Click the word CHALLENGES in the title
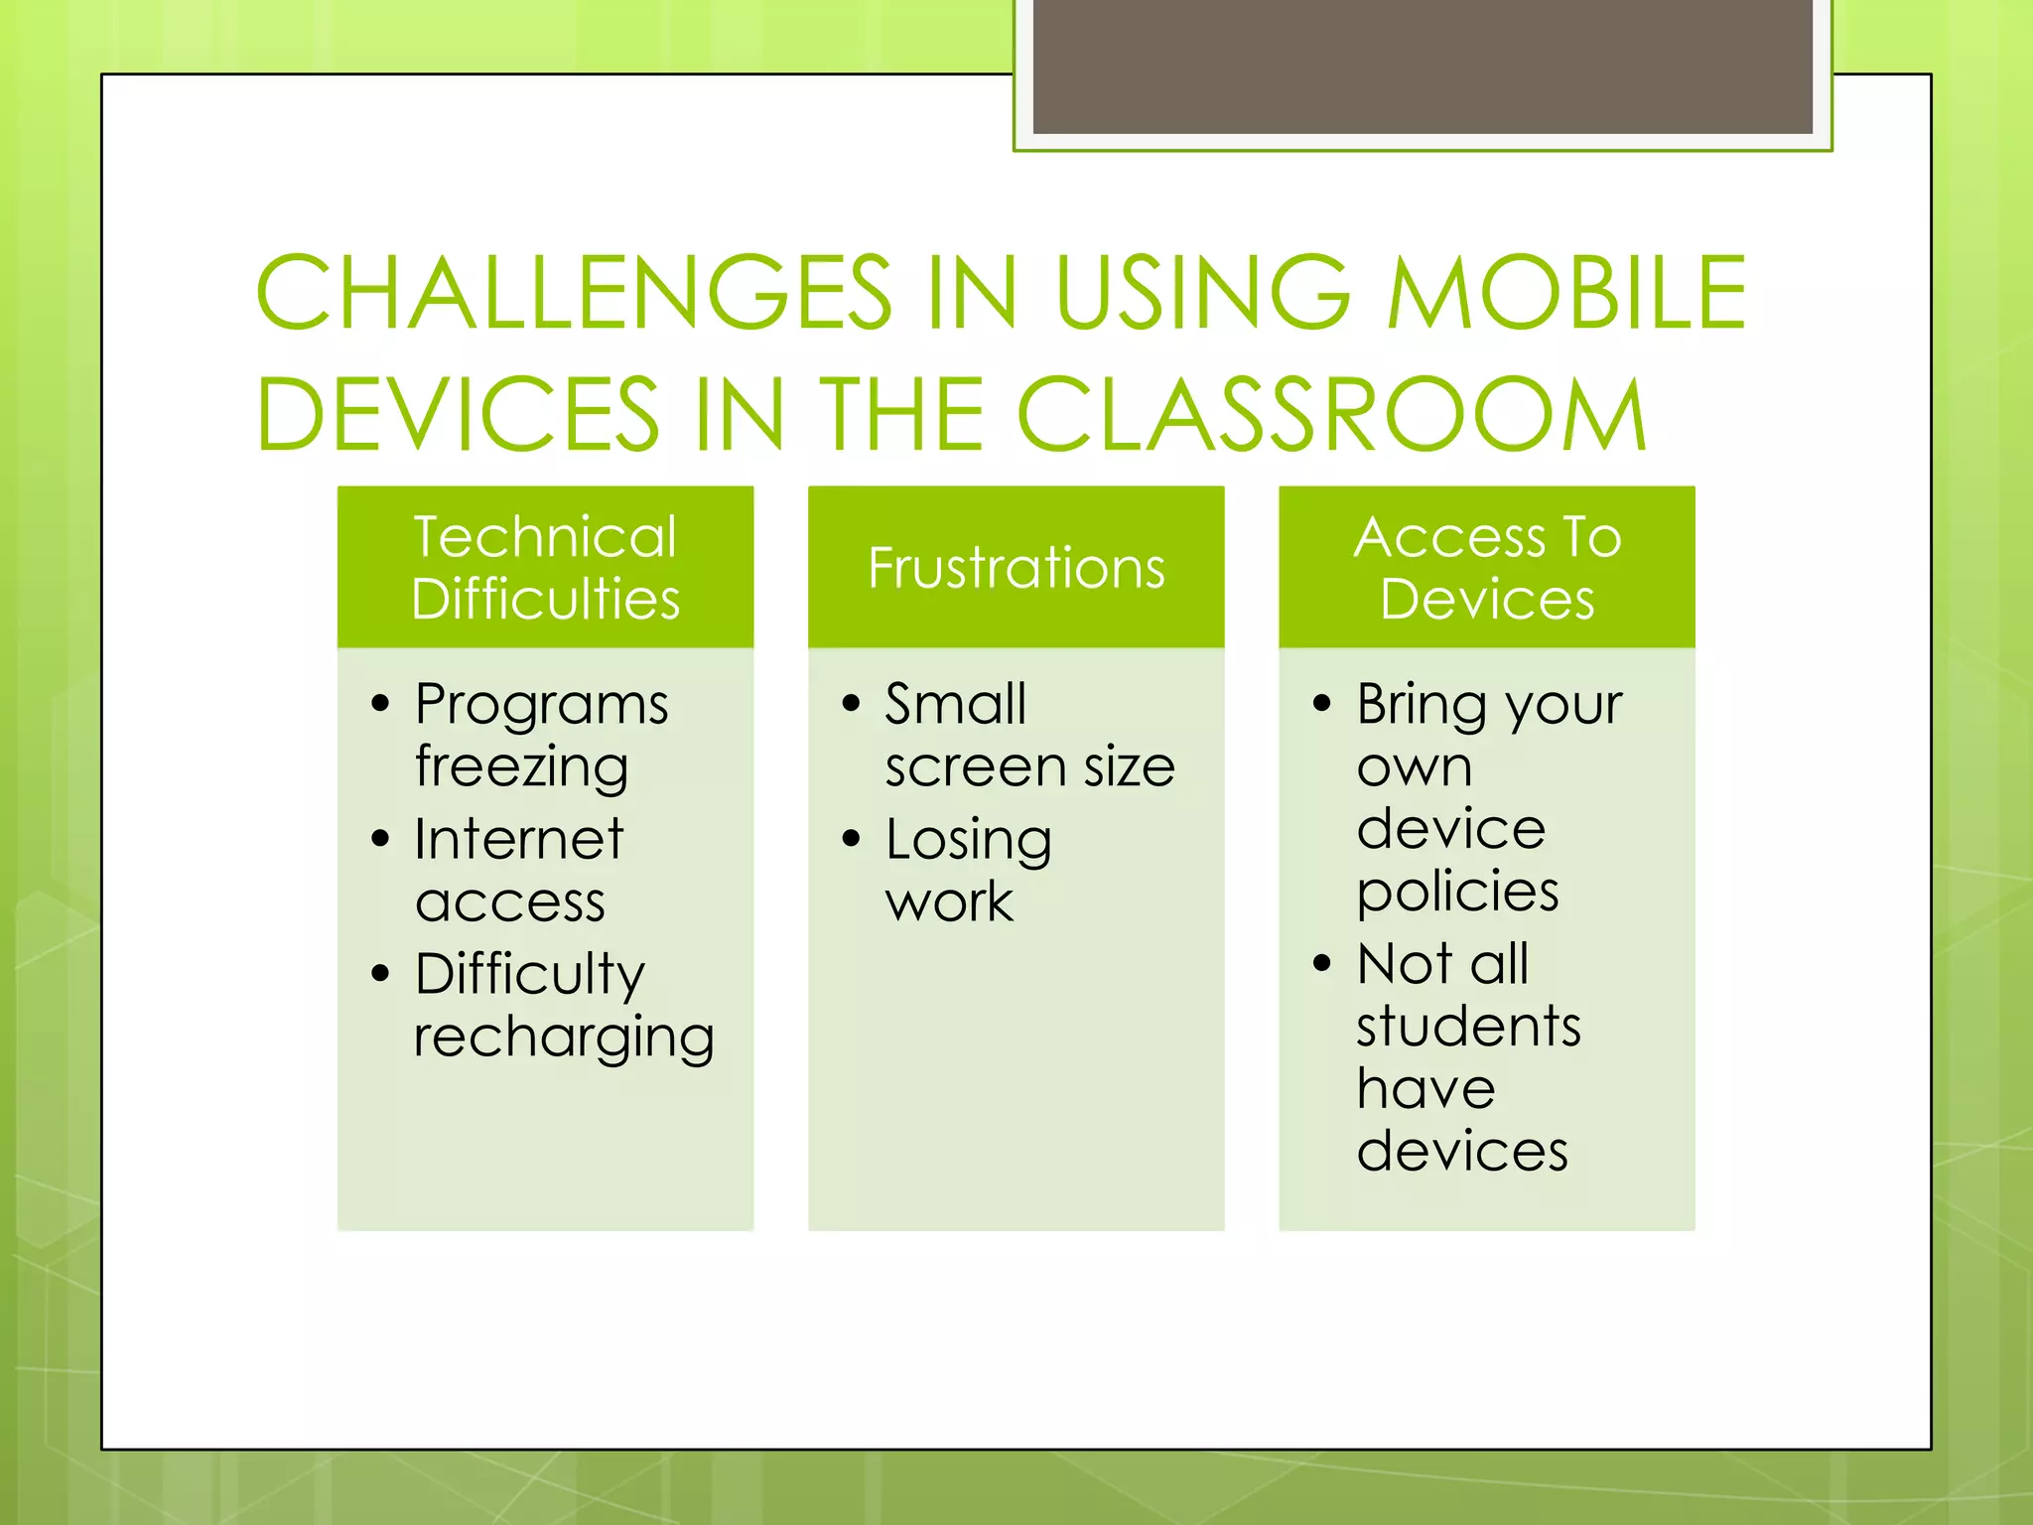(x=574, y=293)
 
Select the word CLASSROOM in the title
(x=1331, y=415)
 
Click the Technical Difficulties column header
(x=545, y=567)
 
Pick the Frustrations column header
(x=1016, y=567)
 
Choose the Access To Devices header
(x=1486, y=567)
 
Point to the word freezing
(x=521, y=768)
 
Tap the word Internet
(x=518, y=840)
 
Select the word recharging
(x=563, y=1039)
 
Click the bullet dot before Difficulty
(x=380, y=973)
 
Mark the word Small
(x=955, y=705)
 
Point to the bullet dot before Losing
(x=851, y=839)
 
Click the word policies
(x=1457, y=893)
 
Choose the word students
(x=1468, y=1027)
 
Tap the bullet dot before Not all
(x=1321, y=963)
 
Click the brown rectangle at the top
(x=1423, y=65)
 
